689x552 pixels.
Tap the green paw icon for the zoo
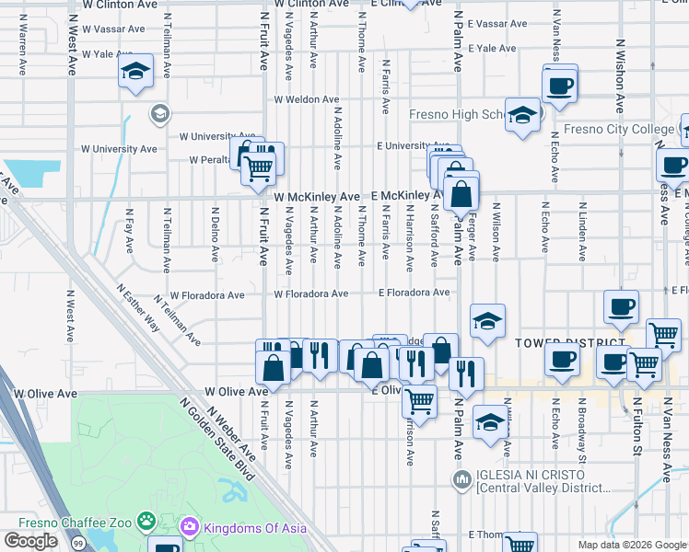click(146, 522)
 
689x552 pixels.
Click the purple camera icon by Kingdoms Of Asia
click(191, 526)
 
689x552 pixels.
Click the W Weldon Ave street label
click(306, 99)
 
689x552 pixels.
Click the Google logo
click(30, 541)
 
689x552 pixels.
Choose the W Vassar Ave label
click(112, 29)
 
